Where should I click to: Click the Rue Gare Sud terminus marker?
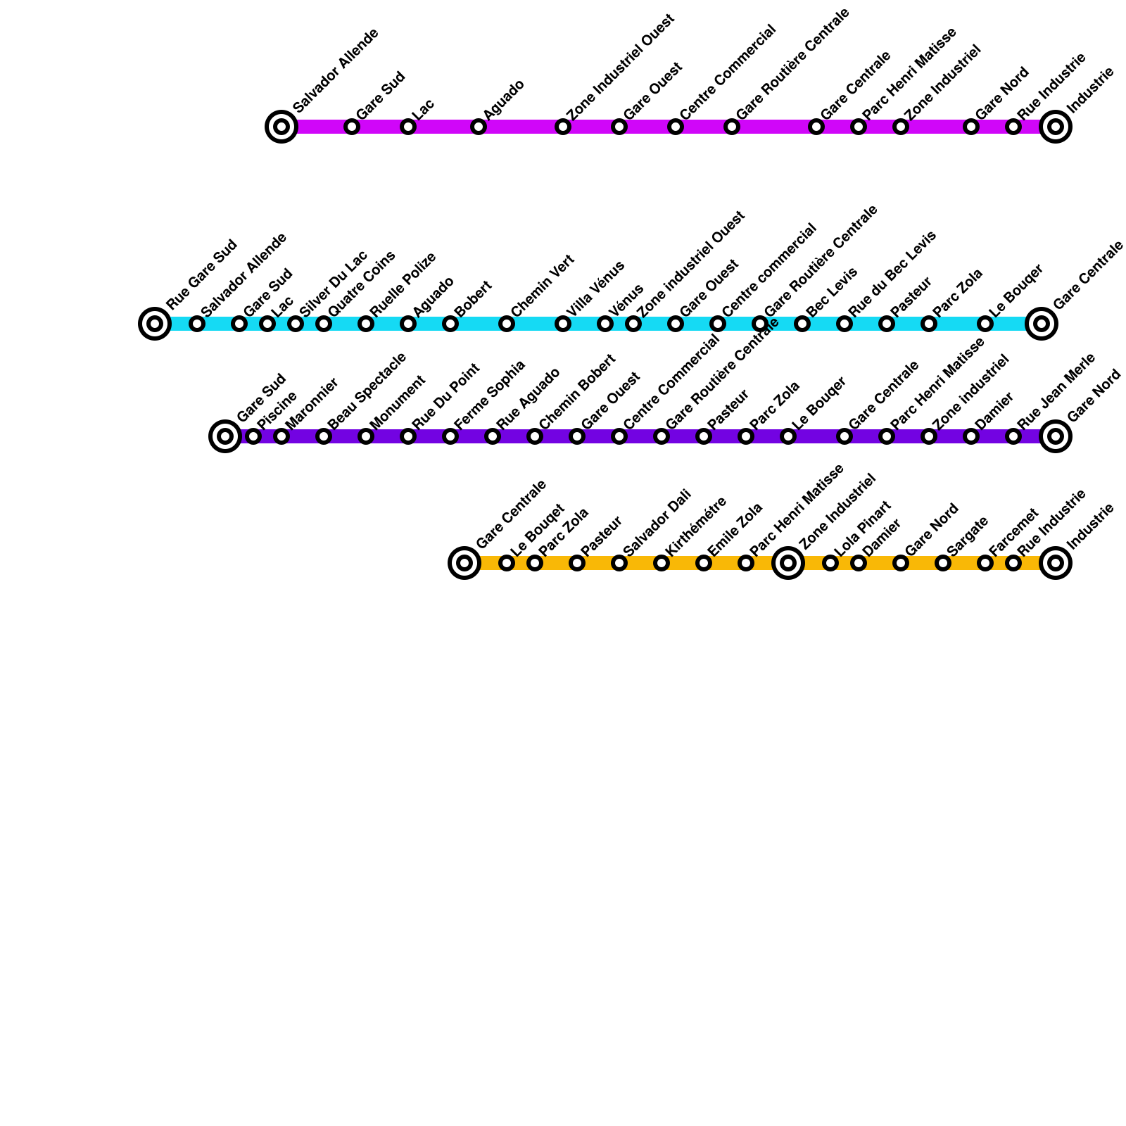[155, 324]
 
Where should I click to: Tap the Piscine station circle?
[253, 436]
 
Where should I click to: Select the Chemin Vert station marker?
[507, 324]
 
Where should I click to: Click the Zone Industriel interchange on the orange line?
[788, 563]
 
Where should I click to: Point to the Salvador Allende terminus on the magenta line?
[281, 127]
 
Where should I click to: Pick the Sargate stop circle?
[943, 563]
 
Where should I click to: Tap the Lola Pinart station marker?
[830, 563]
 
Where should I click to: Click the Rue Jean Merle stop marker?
[1013, 436]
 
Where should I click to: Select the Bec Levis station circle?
[802, 324]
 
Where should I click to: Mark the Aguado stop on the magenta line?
[479, 127]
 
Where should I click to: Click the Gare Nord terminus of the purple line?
[1056, 436]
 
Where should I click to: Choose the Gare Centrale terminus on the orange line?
[464, 563]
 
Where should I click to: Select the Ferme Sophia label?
[490, 394]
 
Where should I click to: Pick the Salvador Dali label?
[657, 522]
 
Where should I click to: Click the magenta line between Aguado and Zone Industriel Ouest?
[521, 127]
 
